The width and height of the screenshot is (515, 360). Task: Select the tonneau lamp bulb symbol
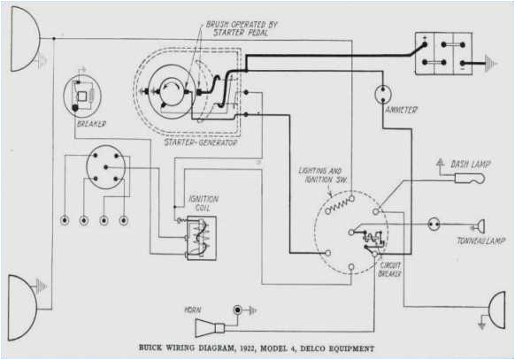(478, 226)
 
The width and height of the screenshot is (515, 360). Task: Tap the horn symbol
(240, 310)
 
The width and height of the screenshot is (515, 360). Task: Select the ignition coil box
(201, 237)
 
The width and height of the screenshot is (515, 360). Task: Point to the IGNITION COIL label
(204, 204)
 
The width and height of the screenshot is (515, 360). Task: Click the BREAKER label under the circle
(90, 124)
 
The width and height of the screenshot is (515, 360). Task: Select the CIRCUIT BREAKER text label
(390, 269)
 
